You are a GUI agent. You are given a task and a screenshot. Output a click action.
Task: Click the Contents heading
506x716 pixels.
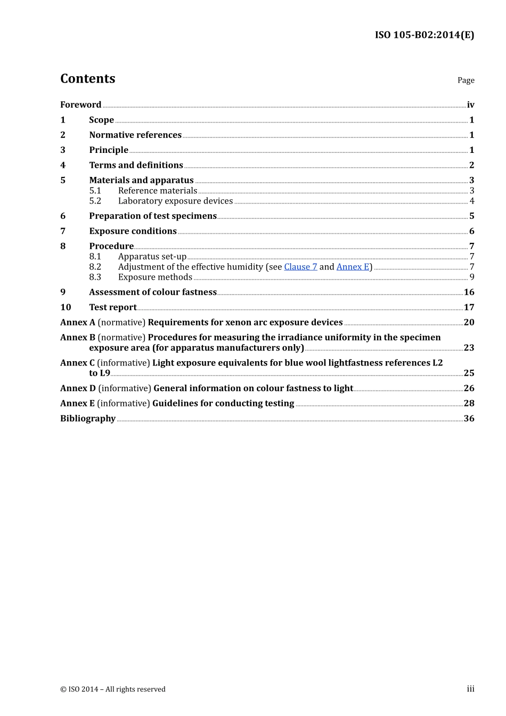(x=87, y=79)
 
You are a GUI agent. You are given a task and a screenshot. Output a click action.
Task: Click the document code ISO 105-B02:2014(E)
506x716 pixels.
(x=424, y=35)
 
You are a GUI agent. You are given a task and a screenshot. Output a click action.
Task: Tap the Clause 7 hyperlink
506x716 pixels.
(x=300, y=267)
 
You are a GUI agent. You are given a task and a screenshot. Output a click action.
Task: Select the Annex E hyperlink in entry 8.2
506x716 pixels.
(x=353, y=267)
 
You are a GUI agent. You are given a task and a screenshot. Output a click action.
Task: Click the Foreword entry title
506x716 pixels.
(x=80, y=105)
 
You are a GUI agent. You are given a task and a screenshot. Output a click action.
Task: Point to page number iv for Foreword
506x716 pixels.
(x=470, y=105)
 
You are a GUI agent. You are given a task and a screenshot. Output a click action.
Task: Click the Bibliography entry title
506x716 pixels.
(x=88, y=419)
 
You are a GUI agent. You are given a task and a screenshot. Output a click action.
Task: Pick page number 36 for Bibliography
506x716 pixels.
(x=469, y=419)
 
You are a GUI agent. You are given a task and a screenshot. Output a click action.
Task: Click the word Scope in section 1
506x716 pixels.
(x=101, y=120)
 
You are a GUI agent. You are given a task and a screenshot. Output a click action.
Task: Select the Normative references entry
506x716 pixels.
(x=135, y=135)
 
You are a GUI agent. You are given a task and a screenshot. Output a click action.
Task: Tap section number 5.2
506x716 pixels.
(x=95, y=201)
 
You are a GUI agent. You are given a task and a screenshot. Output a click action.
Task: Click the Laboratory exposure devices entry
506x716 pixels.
(x=175, y=201)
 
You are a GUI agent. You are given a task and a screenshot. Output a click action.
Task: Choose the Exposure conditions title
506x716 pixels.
(x=133, y=231)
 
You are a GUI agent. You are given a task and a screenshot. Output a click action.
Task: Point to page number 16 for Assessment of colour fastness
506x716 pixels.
(x=469, y=292)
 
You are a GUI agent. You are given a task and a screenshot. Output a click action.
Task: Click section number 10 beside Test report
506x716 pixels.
(x=66, y=307)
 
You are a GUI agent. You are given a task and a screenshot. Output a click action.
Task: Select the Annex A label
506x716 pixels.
(x=78, y=322)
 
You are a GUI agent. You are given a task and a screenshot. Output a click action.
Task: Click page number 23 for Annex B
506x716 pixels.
(x=469, y=348)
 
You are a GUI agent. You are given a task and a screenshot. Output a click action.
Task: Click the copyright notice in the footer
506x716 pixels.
(x=113, y=689)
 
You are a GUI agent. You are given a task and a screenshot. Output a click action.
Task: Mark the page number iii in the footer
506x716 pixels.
(x=470, y=689)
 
